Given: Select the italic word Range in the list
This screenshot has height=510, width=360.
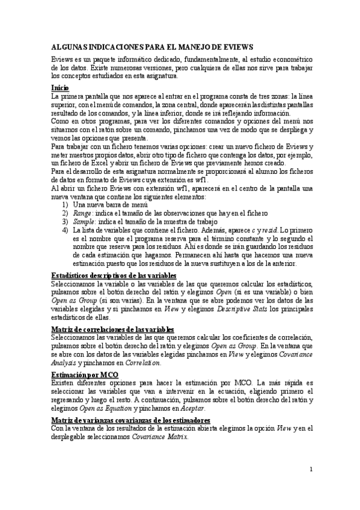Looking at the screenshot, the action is [82, 213].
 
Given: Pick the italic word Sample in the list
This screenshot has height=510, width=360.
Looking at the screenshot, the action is [84, 221].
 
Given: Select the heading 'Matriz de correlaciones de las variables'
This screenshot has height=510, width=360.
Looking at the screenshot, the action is [113, 330].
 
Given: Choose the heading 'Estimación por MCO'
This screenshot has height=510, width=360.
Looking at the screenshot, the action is [85, 375].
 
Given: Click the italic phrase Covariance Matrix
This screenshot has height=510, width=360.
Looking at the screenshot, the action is [160, 437].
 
